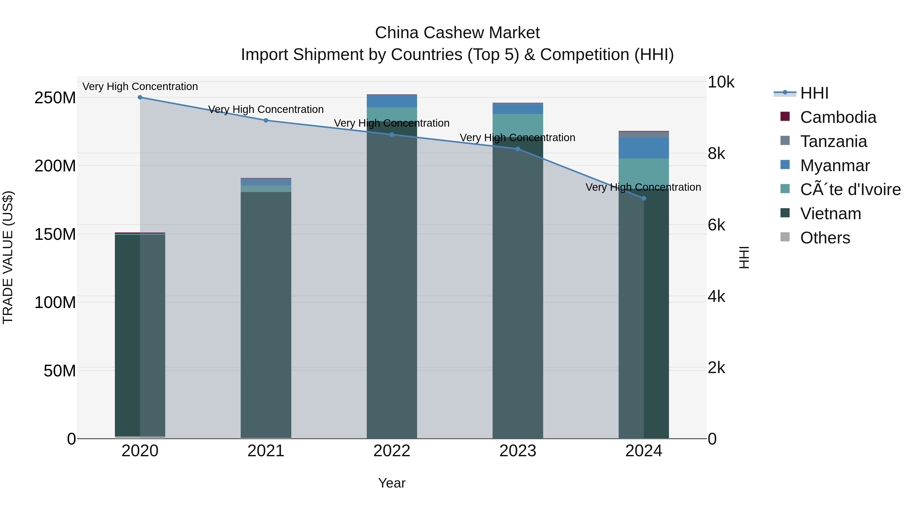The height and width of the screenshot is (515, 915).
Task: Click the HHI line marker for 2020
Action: [140, 97]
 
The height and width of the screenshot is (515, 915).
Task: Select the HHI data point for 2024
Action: [644, 198]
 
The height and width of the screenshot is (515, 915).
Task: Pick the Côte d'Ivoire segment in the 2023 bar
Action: [517, 125]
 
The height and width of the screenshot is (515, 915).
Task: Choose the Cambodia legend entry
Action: [838, 117]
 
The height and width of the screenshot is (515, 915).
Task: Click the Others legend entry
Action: [825, 238]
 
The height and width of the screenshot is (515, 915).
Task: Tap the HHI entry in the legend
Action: [814, 93]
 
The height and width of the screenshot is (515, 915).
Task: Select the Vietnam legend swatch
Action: [785, 213]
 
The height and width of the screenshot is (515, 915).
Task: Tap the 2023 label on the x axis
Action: [517, 451]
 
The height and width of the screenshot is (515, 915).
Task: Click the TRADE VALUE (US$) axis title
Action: [8, 257]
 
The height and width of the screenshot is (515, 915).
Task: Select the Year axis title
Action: [391, 483]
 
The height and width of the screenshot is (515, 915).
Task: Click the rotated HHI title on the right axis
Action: [744, 257]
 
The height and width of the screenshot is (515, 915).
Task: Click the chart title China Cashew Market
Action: [457, 33]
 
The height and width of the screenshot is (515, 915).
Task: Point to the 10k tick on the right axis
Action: [721, 82]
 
